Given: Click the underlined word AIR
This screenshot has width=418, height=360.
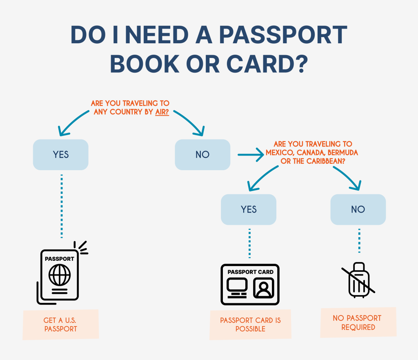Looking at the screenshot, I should click(x=162, y=111).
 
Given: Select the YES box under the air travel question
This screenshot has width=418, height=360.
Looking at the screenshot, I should click(x=61, y=155).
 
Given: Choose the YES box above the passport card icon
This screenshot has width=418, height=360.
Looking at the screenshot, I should click(x=249, y=209).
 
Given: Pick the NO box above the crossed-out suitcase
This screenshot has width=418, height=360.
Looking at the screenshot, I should click(x=358, y=209).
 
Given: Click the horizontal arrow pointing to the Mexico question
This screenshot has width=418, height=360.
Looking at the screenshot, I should click(x=251, y=155).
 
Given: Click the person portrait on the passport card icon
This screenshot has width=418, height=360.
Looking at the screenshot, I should click(x=263, y=288).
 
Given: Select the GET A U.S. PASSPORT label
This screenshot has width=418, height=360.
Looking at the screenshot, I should click(x=60, y=324).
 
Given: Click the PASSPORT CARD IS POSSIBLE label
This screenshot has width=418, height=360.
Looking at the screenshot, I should click(x=250, y=324).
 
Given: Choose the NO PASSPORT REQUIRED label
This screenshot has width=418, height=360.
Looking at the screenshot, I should click(x=358, y=322).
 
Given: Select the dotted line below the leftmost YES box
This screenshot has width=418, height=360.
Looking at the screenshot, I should click(x=62, y=206).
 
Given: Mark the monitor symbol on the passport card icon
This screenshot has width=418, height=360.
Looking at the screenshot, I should click(x=237, y=287).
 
